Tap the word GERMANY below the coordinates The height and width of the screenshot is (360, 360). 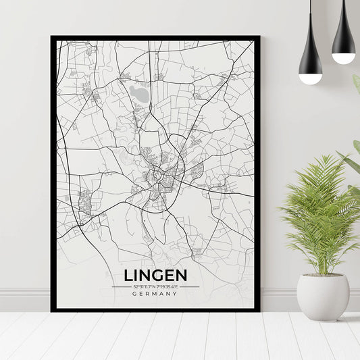coord(155,294)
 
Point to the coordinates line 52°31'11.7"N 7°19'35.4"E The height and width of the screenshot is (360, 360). coord(155,286)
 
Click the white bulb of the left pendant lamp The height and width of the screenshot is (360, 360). coord(310,78)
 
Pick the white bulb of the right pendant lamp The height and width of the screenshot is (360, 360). coord(343,58)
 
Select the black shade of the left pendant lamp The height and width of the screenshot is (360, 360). coord(310,57)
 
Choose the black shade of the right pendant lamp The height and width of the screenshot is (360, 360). coord(343,37)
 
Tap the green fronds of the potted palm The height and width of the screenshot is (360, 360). coord(320,209)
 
